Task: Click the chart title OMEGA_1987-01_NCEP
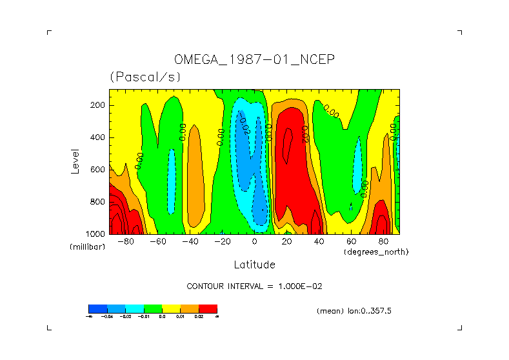254,59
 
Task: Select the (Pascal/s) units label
145,77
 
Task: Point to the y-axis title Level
75,161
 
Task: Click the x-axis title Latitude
254,265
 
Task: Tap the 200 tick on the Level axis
98,105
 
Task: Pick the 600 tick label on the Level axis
98,170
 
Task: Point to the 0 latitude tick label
254,242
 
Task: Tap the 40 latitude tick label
319,242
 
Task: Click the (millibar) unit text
87,247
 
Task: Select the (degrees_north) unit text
376,251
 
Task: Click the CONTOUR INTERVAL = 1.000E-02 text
259,286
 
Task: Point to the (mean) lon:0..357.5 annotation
354,311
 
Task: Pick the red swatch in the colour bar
208,308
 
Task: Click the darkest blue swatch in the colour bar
97,308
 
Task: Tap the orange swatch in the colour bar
190,308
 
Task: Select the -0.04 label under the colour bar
107,316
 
